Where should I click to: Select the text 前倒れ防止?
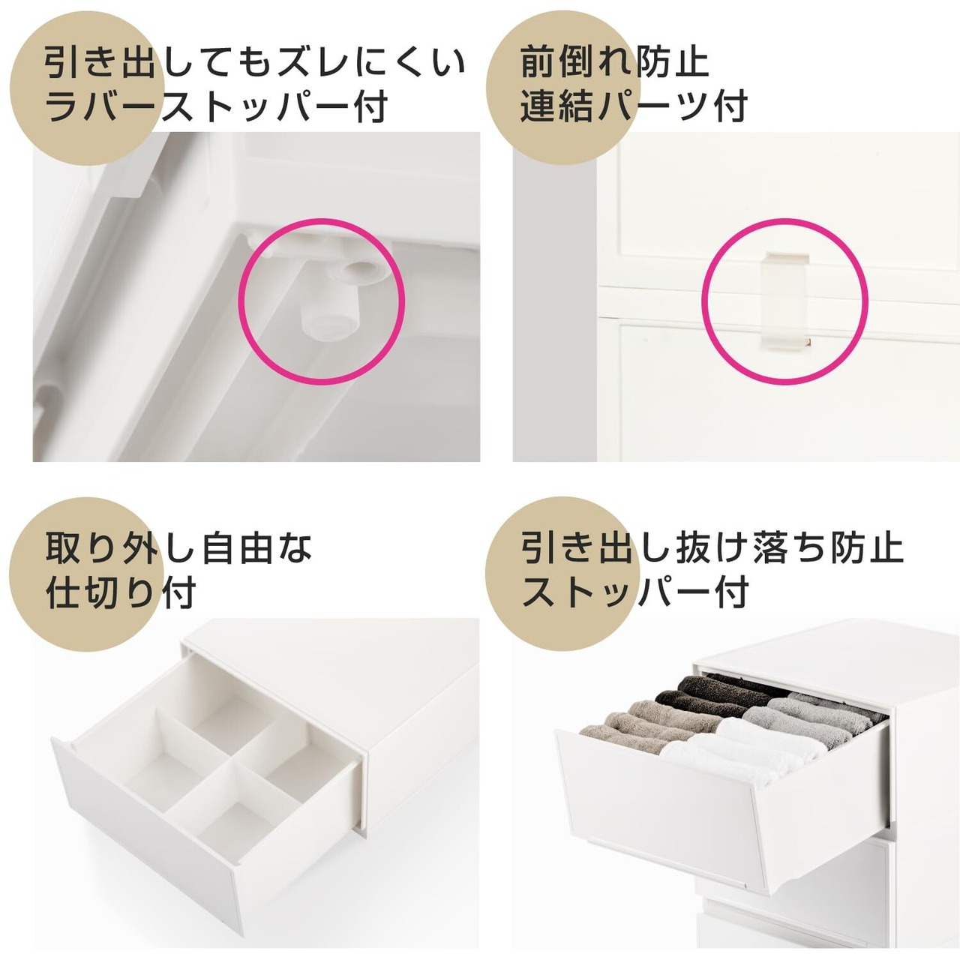615,64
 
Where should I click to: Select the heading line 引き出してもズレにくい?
255,64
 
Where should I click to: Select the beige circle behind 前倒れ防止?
562,88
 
